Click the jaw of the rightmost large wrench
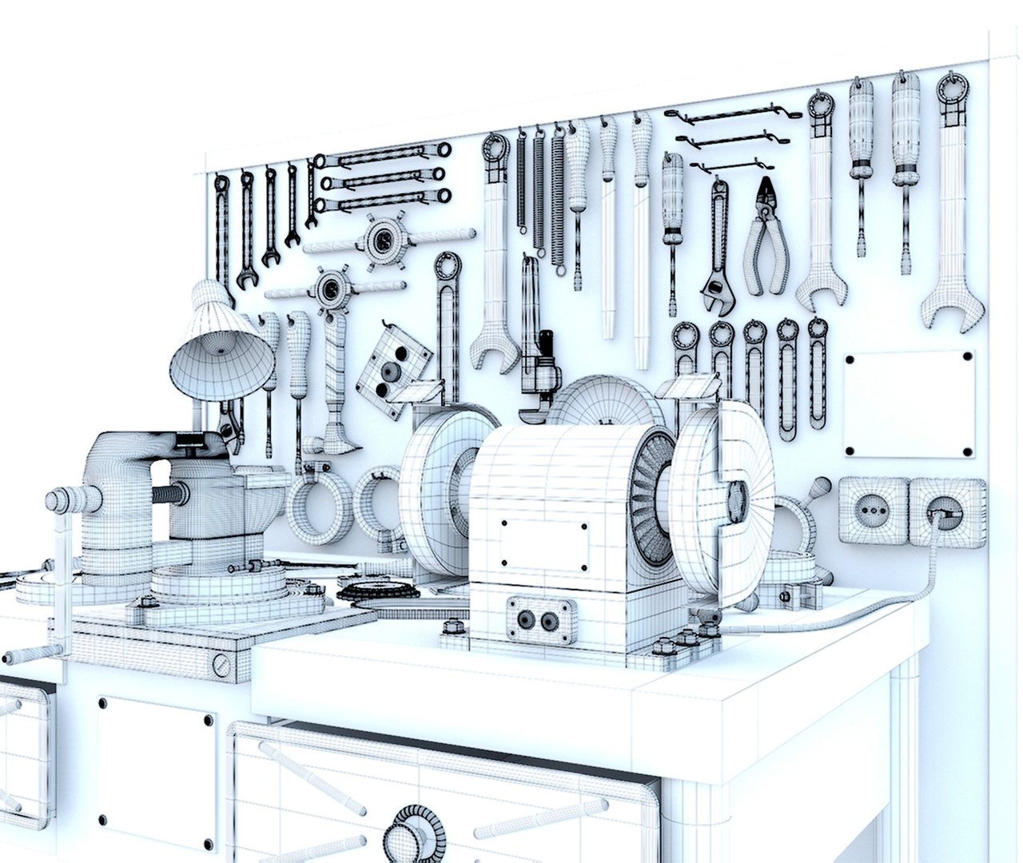(951, 312)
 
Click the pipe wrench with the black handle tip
(535, 352)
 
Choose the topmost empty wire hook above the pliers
(731, 116)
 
